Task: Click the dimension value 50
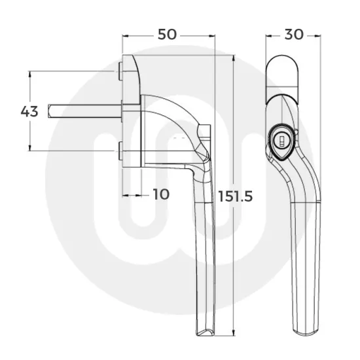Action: point(168,35)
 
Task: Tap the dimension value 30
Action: point(294,35)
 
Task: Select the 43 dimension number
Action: point(29,111)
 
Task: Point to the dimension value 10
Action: point(160,194)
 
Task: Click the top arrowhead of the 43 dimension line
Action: point(29,74)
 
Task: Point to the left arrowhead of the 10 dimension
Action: point(124,194)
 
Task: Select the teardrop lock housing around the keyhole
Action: point(281,145)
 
